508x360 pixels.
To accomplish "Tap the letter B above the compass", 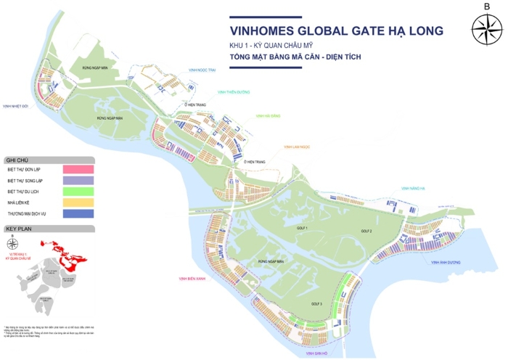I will (486, 7).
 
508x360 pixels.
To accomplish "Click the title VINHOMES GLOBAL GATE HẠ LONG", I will (336, 31).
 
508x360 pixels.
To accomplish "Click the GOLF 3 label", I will (316, 303).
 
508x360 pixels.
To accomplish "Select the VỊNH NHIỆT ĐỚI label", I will (15, 106).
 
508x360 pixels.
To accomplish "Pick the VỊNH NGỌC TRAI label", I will (202, 70).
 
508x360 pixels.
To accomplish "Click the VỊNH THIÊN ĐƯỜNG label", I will (234, 92).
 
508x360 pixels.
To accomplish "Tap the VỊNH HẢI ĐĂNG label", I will (268, 115).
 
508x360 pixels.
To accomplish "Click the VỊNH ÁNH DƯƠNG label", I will (443, 263).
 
